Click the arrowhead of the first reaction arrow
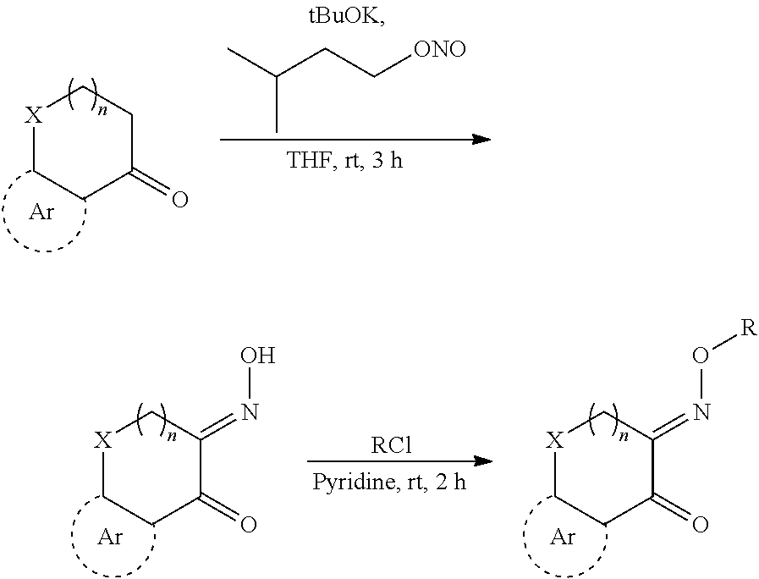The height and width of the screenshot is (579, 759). click(481, 138)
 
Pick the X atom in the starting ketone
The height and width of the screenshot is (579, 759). click(33, 115)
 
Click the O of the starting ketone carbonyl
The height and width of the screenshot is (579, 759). click(179, 201)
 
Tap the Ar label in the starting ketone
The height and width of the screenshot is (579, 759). click(41, 212)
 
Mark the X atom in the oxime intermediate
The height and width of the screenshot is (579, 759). click(102, 440)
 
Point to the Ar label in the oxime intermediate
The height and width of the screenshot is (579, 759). click(112, 537)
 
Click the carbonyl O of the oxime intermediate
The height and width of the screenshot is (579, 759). click(248, 525)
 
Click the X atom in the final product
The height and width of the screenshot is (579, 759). click(554, 440)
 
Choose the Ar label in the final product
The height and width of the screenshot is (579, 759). click(564, 537)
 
